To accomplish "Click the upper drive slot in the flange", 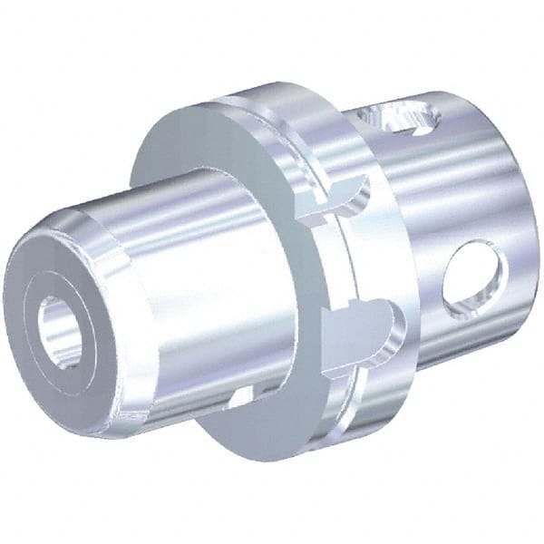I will [340, 200].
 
